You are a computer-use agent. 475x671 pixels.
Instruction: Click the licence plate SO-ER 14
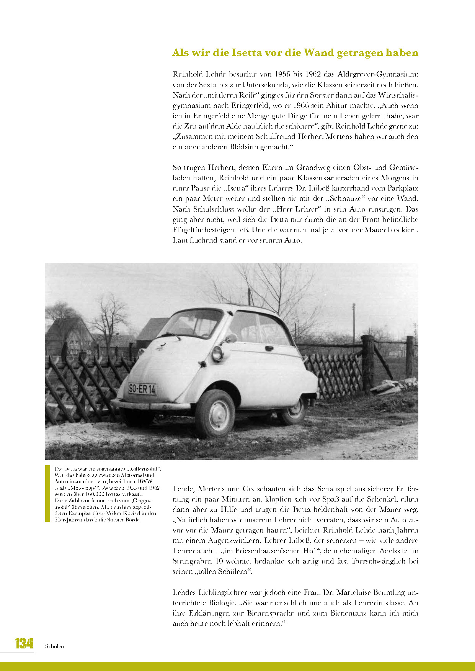[142, 389]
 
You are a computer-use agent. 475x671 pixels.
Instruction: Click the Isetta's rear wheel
[294, 411]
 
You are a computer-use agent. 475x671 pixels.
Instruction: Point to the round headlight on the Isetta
[217, 353]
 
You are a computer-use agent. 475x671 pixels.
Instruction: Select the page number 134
[24, 643]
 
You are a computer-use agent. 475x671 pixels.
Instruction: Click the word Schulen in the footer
[54, 646]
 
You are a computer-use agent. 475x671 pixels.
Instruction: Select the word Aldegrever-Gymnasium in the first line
[378, 74]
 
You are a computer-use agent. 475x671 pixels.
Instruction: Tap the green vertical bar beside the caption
[48, 493]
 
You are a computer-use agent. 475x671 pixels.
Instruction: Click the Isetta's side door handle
[269, 348]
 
